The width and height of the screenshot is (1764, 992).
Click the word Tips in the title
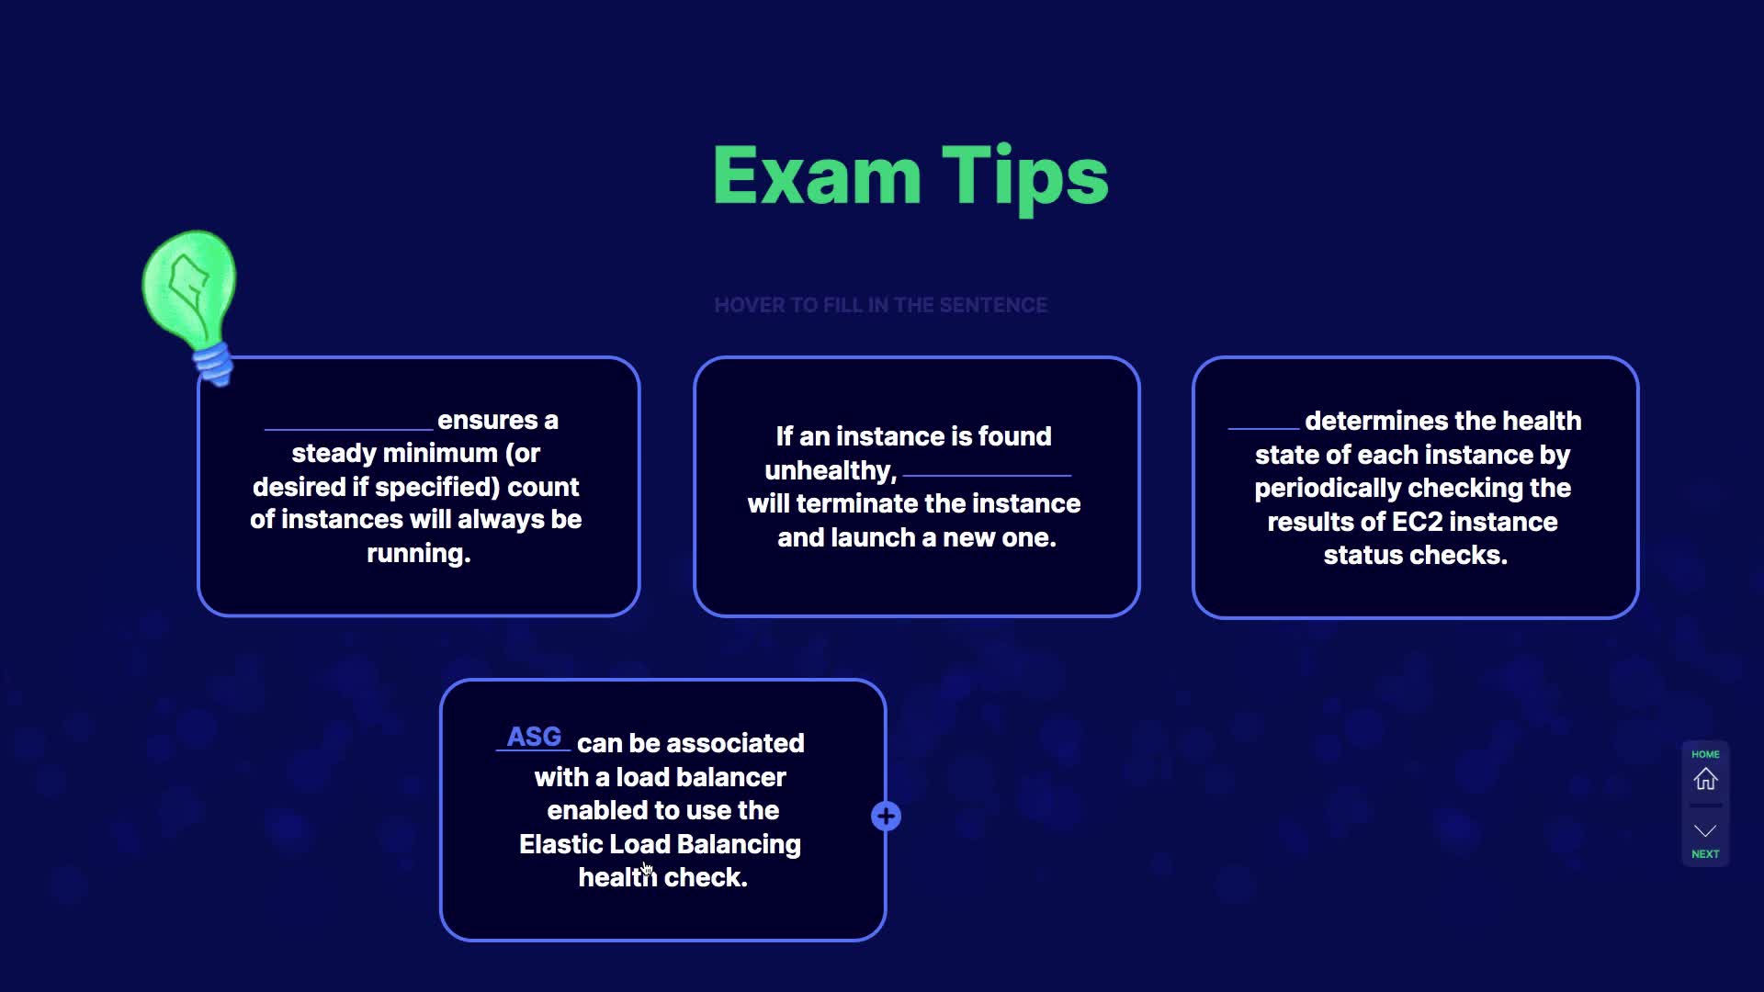pyautogui.click(x=1025, y=180)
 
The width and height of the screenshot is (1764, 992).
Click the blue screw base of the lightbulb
pyautogui.click(x=214, y=364)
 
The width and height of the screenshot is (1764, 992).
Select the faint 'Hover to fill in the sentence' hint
pyautogui.click(x=881, y=305)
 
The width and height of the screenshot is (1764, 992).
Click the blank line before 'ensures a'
pyautogui.click(x=348, y=429)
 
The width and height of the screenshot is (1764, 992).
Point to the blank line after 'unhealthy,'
pyautogui.click(x=987, y=475)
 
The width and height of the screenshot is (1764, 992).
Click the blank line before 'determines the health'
pyautogui.click(x=1263, y=429)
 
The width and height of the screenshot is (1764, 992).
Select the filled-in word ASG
pyautogui.click(x=534, y=737)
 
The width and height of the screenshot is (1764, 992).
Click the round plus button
pyautogui.click(x=886, y=816)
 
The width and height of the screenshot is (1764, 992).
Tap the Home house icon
pyautogui.click(x=1705, y=779)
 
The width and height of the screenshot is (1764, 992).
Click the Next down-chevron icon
pyautogui.click(x=1705, y=831)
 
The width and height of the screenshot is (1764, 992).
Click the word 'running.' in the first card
pyautogui.click(x=419, y=553)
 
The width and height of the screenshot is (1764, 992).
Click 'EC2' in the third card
pyautogui.click(x=1418, y=522)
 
